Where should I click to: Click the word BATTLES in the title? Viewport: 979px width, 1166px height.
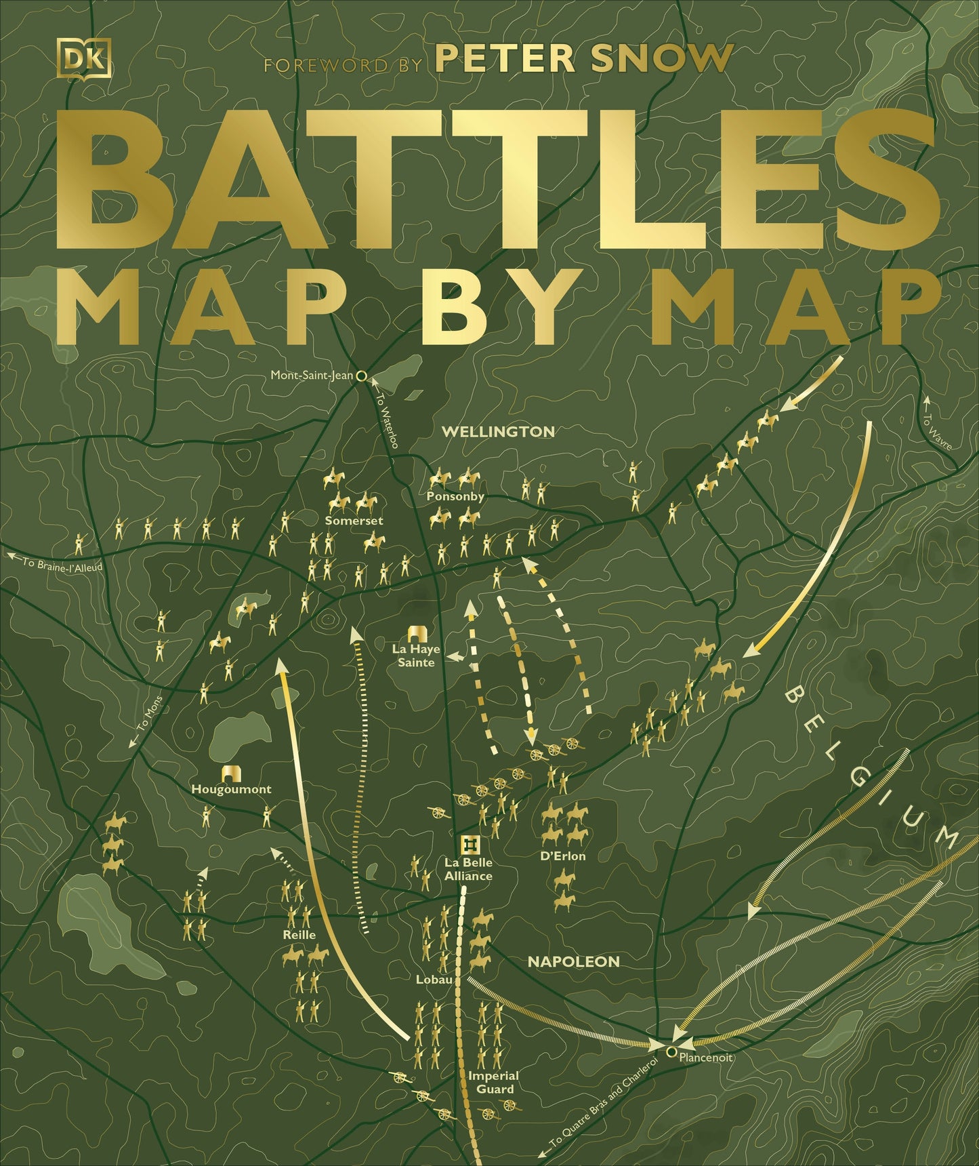point(497,179)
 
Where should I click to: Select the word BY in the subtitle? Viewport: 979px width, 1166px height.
point(494,308)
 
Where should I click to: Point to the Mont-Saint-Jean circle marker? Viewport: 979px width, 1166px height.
point(361,374)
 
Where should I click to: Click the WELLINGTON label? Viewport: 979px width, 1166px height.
point(498,431)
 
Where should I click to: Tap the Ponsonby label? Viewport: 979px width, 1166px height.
point(455,496)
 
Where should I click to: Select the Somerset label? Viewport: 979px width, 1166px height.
point(354,521)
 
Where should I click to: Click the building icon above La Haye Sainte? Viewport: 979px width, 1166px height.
point(415,633)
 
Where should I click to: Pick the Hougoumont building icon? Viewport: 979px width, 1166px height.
point(232,773)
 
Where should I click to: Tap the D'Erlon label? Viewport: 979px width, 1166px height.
point(563,856)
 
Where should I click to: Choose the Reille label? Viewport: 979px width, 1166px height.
point(299,934)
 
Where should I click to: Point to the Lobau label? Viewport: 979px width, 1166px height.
point(434,980)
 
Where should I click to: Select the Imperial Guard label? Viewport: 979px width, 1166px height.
point(495,1082)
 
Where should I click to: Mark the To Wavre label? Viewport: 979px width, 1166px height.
point(938,430)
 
